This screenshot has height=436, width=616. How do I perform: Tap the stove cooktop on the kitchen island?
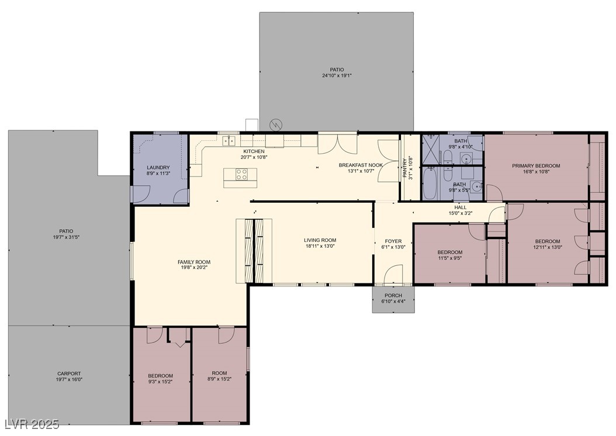(243, 174)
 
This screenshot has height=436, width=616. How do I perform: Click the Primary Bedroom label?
(536, 166)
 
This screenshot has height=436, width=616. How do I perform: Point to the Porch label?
(393, 295)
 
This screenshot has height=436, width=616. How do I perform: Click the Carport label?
(69, 373)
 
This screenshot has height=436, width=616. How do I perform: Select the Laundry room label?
(158, 168)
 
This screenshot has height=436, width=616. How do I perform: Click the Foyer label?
(393, 241)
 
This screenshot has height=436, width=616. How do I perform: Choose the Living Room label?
(320, 240)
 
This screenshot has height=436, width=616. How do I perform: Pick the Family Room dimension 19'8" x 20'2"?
(194, 268)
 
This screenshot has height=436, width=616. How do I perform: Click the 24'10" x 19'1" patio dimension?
(337, 75)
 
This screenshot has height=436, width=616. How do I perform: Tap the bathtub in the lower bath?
(430, 184)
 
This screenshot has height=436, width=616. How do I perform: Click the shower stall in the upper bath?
(431, 149)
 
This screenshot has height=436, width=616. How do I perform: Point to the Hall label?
(461, 207)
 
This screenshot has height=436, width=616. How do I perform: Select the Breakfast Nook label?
(361, 165)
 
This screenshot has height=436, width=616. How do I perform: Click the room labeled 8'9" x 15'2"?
(219, 376)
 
